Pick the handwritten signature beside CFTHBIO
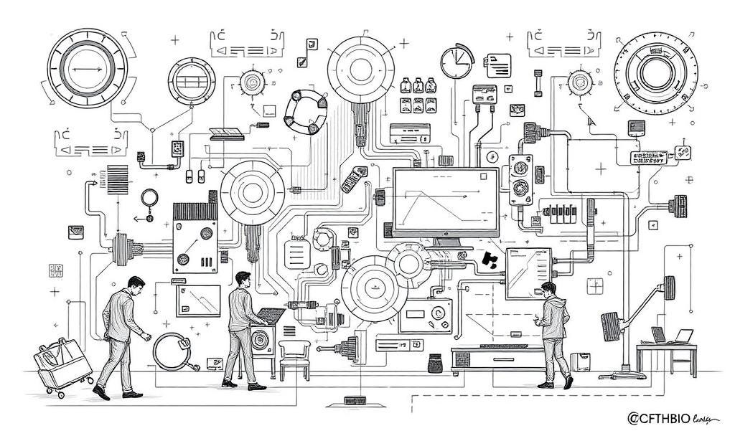pos(706,418)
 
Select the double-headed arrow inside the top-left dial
pos(85,69)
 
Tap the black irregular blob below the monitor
pos(491,261)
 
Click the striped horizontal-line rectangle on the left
pos(117,179)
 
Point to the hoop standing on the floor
pos(172,351)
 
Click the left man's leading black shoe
pos(102,392)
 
